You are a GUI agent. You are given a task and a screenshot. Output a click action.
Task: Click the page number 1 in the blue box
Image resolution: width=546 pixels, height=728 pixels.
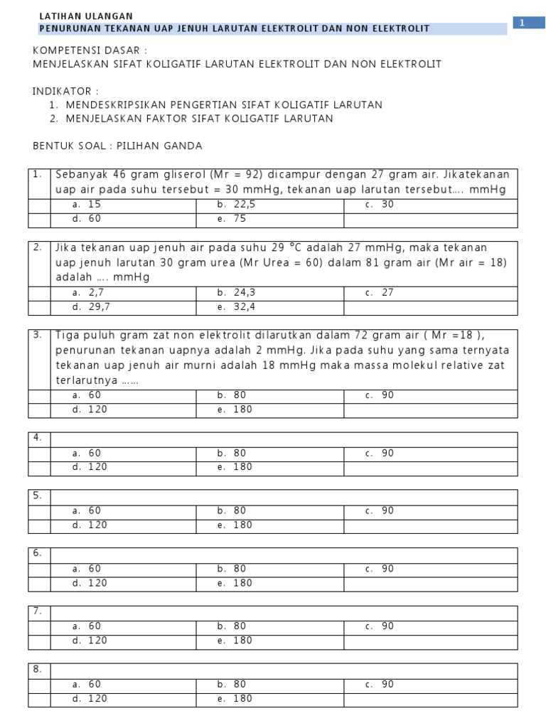[522, 23]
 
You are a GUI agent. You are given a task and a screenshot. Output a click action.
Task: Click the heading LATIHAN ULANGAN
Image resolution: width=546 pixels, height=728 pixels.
[85, 16]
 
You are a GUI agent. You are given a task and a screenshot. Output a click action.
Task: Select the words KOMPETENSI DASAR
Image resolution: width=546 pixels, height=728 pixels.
[90, 50]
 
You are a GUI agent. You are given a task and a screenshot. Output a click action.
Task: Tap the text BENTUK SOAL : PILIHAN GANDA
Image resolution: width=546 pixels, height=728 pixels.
[118, 146]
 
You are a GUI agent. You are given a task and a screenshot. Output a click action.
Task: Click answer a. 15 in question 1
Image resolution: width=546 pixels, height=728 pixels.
[87, 205]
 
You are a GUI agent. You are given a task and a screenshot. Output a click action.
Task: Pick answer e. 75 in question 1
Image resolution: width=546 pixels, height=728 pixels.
[232, 220]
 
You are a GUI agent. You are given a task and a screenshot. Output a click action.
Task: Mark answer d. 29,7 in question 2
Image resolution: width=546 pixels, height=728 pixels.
[92, 307]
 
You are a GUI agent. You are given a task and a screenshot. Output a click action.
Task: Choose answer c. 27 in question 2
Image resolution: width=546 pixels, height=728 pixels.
[380, 292]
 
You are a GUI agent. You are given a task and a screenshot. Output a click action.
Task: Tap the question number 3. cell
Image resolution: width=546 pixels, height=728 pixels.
[38, 335]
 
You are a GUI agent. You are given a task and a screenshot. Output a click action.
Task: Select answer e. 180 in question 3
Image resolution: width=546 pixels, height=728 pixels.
[235, 409]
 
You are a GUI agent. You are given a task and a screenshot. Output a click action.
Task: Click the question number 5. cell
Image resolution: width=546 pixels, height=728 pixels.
[38, 495]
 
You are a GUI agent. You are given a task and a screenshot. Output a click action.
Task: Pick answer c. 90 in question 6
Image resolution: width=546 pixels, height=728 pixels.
[380, 569]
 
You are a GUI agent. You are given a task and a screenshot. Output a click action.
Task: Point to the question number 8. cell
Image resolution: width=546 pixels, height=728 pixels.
[38, 669]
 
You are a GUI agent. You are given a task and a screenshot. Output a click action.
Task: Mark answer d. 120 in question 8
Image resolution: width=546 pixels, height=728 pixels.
[90, 699]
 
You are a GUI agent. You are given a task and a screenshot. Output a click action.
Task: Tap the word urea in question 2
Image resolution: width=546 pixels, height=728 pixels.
[221, 262]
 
